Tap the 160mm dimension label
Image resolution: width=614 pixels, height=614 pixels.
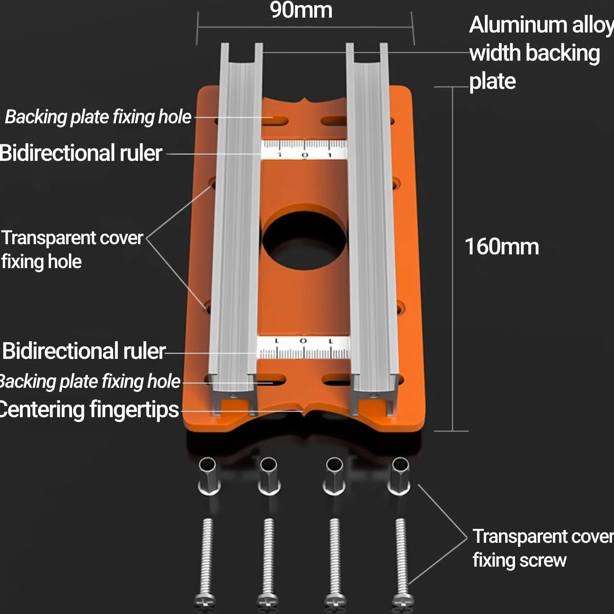coord(502,247)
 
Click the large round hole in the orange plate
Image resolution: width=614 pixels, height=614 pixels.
coord(305,241)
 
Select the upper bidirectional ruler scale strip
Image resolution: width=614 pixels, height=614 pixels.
coord(304,149)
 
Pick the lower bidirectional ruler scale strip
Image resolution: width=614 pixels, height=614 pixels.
coord(303,347)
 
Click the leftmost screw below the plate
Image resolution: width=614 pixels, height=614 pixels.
coord(206,562)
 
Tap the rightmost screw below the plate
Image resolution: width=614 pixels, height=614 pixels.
coord(402,562)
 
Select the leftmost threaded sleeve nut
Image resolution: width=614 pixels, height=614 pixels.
coord(209,476)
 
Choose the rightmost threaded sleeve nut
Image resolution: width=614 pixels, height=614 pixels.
coord(399,476)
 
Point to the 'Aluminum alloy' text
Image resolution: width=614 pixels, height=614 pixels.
coord(542,25)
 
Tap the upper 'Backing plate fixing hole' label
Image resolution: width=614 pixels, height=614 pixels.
coord(98,117)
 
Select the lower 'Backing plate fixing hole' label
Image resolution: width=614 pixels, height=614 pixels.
coord(90,382)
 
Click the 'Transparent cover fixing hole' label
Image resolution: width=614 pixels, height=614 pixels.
coord(72,250)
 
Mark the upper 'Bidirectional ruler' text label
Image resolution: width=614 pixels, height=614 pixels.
coord(81,153)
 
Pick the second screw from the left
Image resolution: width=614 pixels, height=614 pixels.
coord(268,562)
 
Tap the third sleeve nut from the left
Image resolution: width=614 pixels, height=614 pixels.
coord(334,476)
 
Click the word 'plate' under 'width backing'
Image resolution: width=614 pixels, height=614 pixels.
coord(492,82)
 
